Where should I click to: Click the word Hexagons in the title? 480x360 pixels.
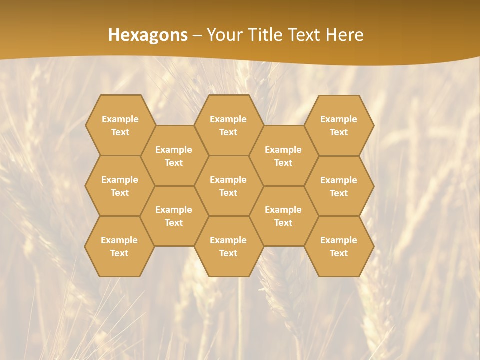[x=148, y=35]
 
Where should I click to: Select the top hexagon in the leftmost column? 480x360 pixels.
[x=120, y=125]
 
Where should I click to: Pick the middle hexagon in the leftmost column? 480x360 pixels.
[x=120, y=186]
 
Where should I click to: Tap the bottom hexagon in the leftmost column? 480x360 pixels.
[x=119, y=246]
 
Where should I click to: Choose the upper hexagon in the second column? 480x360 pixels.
[x=174, y=156]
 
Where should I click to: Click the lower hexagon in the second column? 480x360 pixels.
[x=174, y=216]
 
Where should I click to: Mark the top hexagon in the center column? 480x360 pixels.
[x=228, y=125]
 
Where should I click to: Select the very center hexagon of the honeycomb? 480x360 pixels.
[x=228, y=186]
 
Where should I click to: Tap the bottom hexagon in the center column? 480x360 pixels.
[x=228, y=246]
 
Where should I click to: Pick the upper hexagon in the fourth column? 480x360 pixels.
[x=283, y=156]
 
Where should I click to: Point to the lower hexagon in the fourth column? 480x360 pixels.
[x=283, y=216]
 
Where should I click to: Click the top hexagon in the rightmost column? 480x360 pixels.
[x=339, y=125]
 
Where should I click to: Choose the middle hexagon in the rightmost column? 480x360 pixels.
[x=339, y=186]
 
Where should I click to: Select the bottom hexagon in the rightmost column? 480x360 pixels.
[x=339, y=246]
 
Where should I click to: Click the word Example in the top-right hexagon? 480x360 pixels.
[x=339, y=119]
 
